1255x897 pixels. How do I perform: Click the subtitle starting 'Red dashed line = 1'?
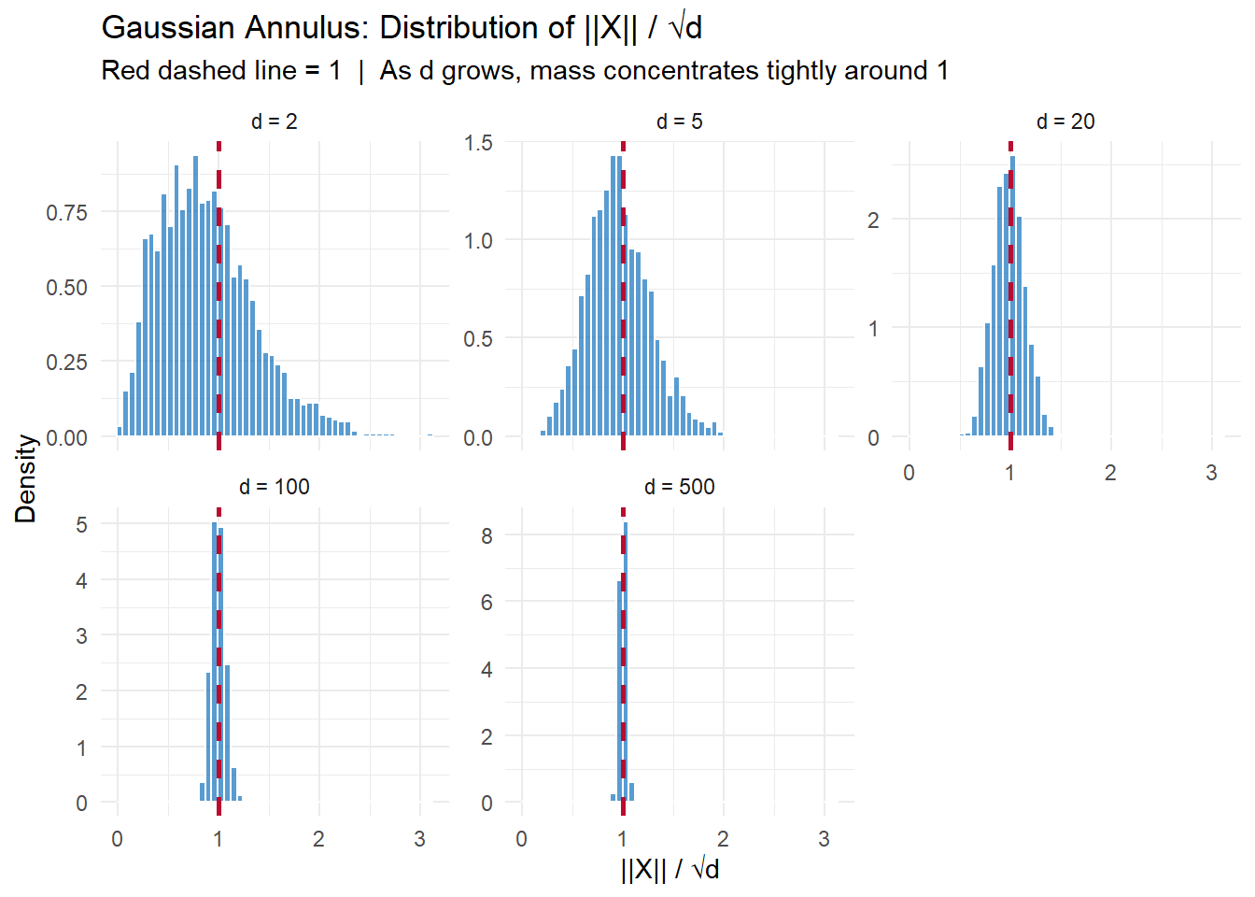click(524, 71)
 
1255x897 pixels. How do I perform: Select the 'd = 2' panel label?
click(274, 121)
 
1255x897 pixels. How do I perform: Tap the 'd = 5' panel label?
click(679, 121)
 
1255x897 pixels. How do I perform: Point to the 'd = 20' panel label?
click(1065, 121)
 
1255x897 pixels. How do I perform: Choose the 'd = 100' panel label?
click(274, 487)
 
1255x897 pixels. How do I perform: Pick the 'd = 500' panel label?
click(679, 487)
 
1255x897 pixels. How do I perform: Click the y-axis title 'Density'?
click(25, 478)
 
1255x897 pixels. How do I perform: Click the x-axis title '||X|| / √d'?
click(670, 870)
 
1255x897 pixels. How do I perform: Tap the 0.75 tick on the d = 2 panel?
click(66, 213)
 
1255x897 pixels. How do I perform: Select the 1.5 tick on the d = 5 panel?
click(478, 143)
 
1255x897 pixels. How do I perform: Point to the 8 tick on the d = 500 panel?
click(486, 536)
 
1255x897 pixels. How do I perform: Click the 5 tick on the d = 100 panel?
click(82, 525)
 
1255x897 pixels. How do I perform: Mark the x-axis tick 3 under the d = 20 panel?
click(1211, 473)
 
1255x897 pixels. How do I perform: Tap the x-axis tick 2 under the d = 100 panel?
click(318, 839)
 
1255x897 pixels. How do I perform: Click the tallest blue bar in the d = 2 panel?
click(195, 295)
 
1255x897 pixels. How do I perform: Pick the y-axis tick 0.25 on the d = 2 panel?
click(66, 363)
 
